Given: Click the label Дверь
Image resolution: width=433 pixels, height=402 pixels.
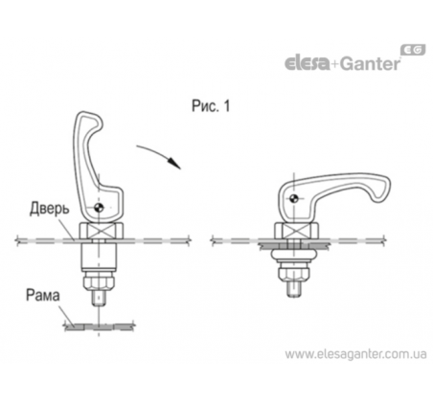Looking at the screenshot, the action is [x=50, y=209].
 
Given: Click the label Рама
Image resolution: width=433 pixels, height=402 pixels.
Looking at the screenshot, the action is [x=43, y=295].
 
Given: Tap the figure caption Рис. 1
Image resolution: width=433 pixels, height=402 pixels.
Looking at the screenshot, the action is [x=211, y=106].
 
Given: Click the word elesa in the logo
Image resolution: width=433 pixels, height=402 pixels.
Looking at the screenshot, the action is [x=307, y=62].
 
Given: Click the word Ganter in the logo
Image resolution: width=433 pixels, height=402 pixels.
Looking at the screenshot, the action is [x=370, y=63].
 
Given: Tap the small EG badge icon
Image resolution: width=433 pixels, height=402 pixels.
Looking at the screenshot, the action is [x=413, y=50].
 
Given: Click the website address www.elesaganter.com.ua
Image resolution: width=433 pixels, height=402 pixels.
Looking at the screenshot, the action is [x=355, y=354].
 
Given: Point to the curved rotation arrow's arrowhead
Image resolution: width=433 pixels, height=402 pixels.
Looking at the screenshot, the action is [x=175, y=163].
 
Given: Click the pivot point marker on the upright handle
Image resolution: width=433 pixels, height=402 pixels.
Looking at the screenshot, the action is [x=100, y=208].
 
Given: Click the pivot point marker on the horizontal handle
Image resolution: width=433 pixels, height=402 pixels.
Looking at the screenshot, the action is [x=294, y=198].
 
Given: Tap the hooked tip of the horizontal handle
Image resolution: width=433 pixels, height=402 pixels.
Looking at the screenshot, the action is [x=382, y=190].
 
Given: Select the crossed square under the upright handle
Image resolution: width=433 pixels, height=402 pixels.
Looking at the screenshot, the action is [x=101, y=232].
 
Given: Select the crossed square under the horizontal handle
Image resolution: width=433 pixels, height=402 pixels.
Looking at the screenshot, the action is [x=296, y=232].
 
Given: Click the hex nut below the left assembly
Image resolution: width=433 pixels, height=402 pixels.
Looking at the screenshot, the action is [x=99, y=281].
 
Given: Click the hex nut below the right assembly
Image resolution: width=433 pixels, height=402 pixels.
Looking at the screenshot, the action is [x=294, y=274].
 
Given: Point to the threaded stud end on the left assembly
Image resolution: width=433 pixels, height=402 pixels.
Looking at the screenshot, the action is [x=99, y=297].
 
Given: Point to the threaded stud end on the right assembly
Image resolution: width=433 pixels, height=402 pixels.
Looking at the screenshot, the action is [x=294, y=289].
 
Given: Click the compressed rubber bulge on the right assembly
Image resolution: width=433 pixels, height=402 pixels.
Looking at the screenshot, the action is [x=294, y=256].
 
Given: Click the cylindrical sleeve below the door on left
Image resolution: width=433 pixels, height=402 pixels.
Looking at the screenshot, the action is [x=99, y=256].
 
